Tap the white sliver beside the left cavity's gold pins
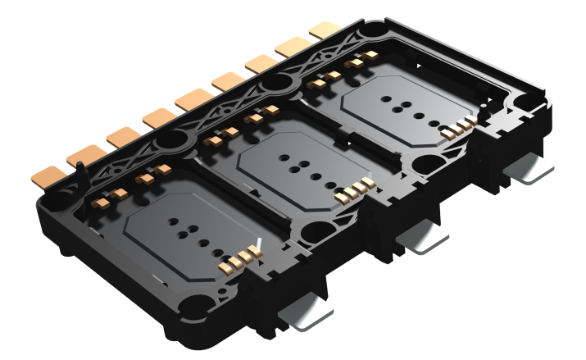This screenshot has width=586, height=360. pyautogui.click(x=258, y=245)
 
